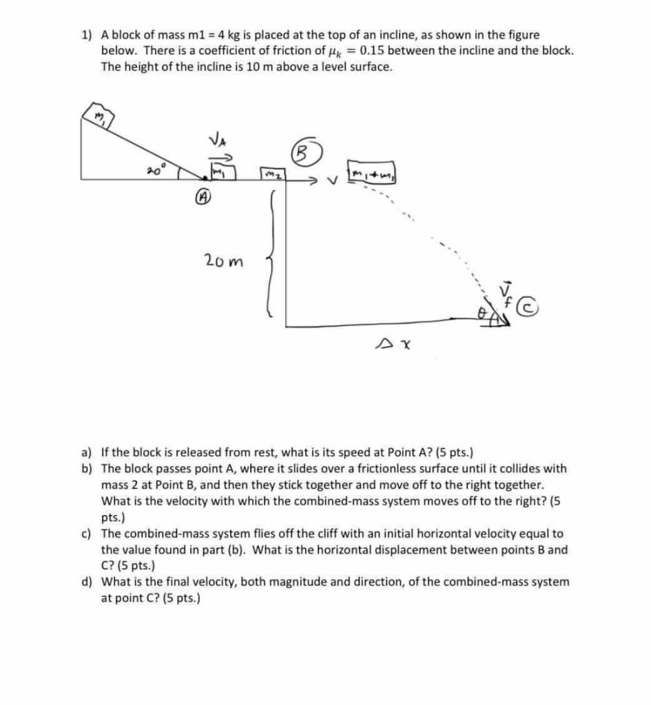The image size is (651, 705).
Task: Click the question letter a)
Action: pos(87,452)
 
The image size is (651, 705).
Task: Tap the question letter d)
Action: pos(87,582)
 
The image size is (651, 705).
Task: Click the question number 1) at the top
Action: pos(87,34)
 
